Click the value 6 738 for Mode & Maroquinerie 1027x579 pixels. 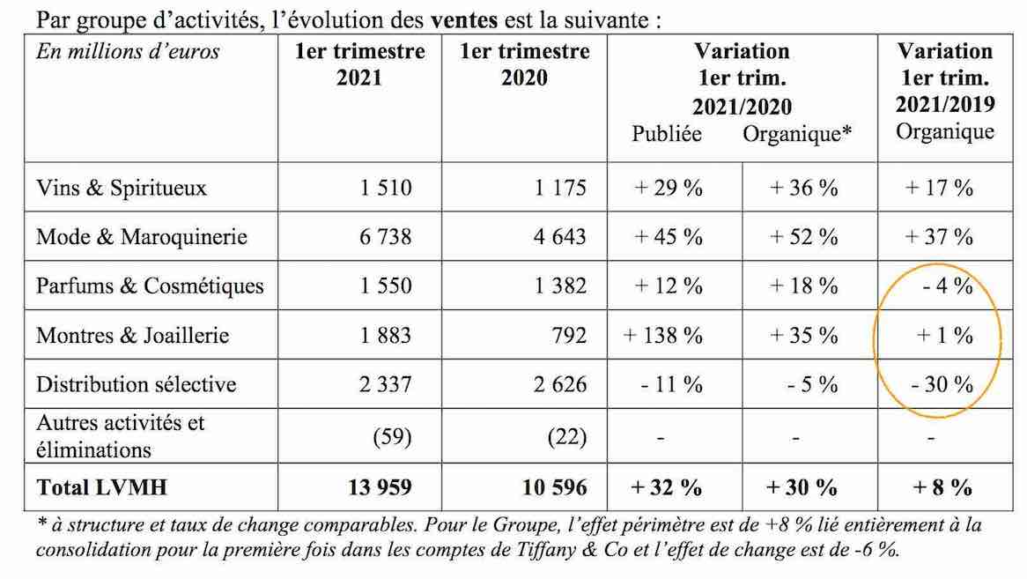pyautogui.click(x=385, y=236)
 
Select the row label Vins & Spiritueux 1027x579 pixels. pyautogui.click(x=122, y=188)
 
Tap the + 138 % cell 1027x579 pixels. pyautogui.click(x=662, y=336)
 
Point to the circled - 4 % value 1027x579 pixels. pyautogui.click(x=947, y=286)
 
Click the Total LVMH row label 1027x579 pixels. pyautogui.click(x=101, y=487)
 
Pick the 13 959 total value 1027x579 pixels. pyautogui.click(x=380, y=487)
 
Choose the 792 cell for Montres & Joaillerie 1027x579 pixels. pyautogui.click(x=568, y=336)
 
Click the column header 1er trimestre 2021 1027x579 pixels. pyautogui.click(x=359, y=64)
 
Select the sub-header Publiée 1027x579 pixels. pyautogui.click(x=666, y=134)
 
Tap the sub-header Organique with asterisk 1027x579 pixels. pyautogui.click(x=797, y=134)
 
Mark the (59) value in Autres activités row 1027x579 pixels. pyautogui.click(x=392, y=436)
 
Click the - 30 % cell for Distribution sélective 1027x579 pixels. pyautogui.click(x=942, y=384)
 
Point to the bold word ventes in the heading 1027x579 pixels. pyautogui.click(x=463, y=19)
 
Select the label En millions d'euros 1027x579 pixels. pyautogui.click(x=128, y=51)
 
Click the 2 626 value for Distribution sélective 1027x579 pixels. pyautogui.click(x=560, y=384)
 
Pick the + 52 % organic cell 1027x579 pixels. pyautogui.click(x=803, y=236)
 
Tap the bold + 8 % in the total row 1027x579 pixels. pyautogui.click(x=942, y=487)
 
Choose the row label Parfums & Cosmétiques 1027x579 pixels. pyautogui.click(x=150, y=286)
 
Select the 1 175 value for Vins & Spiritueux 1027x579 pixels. pyautogui.click(x=560, y=188)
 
